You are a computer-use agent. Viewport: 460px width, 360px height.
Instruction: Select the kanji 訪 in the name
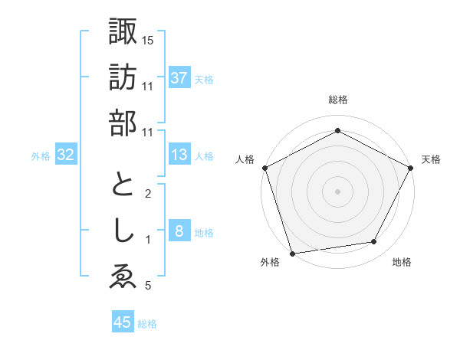[x=123, y=78]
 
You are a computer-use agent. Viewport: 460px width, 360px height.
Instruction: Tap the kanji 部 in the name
[x=123, y=123]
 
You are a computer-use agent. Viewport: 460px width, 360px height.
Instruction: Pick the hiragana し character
[x=123, y=232]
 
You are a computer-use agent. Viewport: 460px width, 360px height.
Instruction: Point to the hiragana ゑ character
[x=123, y=278]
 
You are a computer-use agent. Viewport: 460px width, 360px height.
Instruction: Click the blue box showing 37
[x=179, y=78]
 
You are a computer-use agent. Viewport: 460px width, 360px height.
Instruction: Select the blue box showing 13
[x=179, y=155]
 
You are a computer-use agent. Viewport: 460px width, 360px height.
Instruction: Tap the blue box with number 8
[x=179, y=232]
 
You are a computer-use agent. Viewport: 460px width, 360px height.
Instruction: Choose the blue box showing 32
[x=66, y=155]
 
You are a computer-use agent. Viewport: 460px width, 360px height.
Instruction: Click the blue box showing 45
[x=123, y=322]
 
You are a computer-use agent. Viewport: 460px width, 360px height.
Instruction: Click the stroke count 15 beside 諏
[x=148, y=40]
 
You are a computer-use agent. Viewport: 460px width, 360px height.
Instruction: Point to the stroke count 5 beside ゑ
[x=148, y=286]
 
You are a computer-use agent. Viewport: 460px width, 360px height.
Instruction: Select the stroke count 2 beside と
[x=148, y=194]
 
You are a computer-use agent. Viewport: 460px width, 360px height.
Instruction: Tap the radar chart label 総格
[x=337, y=100]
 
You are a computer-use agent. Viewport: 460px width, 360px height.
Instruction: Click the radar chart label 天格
[x=431, y=159]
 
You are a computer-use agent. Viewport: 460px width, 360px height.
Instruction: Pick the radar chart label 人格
[x=245, y=159]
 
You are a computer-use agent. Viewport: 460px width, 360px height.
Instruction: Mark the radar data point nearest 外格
[x=292, y=253]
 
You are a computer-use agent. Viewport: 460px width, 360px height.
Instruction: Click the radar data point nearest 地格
[x=374, y=242]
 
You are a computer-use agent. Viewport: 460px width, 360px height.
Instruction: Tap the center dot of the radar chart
[x=337, y=191]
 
